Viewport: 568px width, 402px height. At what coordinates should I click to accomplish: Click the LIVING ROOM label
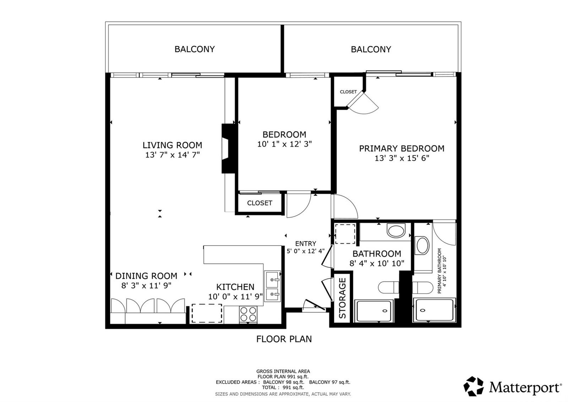(x=172, y=145)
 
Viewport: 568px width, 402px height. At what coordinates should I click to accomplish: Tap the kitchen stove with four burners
(x=248, y=314)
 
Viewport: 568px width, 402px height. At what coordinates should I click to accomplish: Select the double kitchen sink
(x=272, y=286)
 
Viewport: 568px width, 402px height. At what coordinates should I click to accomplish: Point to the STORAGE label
(x=342, y=298)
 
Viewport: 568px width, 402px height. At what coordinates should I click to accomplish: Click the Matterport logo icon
(x=474, y=386)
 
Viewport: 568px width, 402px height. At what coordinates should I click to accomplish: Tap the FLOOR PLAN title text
(x=284, y=339)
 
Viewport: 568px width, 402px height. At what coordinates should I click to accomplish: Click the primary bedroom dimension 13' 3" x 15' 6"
(x=402, y=158)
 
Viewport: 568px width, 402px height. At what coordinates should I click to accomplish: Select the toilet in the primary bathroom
(x=422, y=288)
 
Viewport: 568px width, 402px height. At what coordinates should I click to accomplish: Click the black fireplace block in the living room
(x=229, y=149)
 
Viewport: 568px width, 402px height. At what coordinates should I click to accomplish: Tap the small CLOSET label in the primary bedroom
(x=348, y=92)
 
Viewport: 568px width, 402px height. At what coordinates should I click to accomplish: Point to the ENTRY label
(x=306, y=243)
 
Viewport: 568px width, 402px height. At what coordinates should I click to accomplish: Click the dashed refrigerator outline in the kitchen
(x=207, y=313)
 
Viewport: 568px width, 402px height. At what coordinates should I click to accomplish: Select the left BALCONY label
(x=195, y=49)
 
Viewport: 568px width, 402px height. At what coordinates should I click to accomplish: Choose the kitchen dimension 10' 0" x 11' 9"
(x=235, y=296)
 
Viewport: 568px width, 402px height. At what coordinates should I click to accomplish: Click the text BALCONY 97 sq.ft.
(x=330, y=382)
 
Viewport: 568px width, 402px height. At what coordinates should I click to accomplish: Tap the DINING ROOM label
(x=146, y=276)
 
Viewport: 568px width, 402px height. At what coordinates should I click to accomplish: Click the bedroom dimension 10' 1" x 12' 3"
(x=284, y=144)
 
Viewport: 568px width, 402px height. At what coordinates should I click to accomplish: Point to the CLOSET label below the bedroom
(x=260, y=203)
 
